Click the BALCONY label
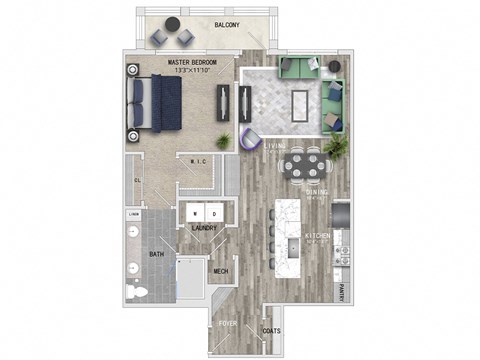pyautogui.click(x=227, y=25)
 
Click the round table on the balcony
pyautogui.click(x=172, y=36)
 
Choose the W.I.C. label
pyautogui.click(x=198, y=163)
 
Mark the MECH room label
pyautogui.click(x=222, y=270)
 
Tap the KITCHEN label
pyautogui.click(x=318, y=238)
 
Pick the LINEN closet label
pyautogui.click(x=133, y=213)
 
